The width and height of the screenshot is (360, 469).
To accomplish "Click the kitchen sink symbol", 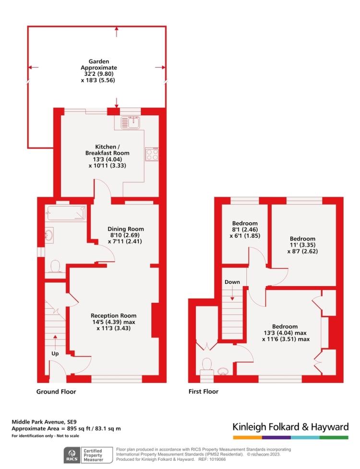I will pos(130,123).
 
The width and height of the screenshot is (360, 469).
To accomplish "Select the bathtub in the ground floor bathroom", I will pos(66,213).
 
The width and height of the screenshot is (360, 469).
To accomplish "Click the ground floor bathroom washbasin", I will pos(50,235).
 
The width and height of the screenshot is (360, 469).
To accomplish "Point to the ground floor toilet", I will pos(54,266).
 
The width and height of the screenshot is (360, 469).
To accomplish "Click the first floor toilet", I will pos(207,365).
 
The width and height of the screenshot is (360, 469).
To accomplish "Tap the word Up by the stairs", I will pos(56,353).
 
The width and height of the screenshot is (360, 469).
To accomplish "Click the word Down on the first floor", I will pos(232,282).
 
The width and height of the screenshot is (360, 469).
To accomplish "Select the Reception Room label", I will pos(110,322).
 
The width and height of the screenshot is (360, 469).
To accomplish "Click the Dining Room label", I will pos(125,235).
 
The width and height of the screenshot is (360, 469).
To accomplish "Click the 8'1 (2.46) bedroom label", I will pos(245,229).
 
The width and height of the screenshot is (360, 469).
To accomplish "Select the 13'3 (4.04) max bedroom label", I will pos(285,333).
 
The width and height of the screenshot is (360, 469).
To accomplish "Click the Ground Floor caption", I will pos(56,391).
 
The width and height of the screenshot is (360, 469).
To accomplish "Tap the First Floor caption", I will pos(203,391).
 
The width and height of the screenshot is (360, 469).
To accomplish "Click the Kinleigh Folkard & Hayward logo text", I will pos(290,427).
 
